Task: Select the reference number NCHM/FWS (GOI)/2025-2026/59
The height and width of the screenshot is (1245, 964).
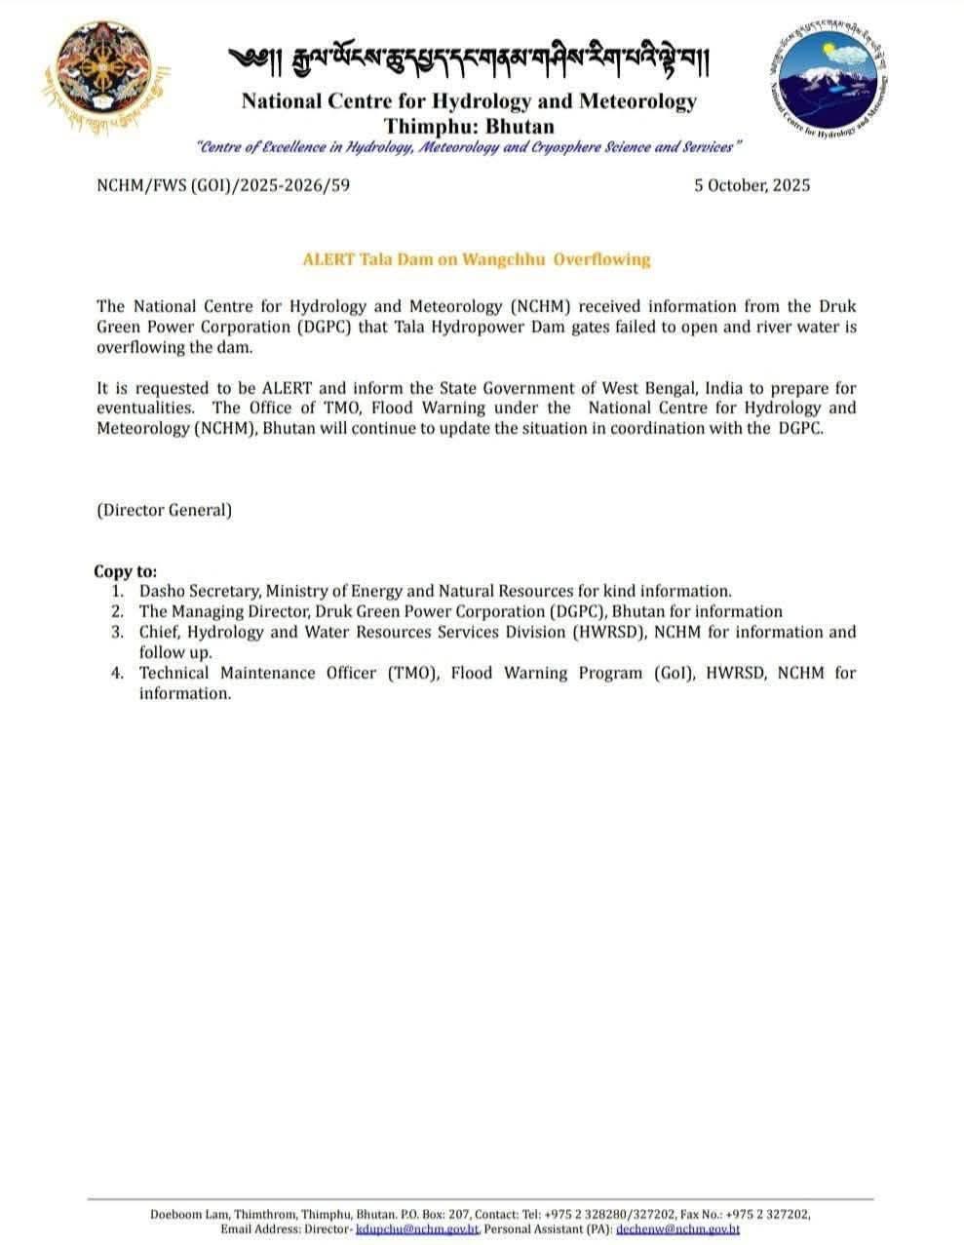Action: [223, 184]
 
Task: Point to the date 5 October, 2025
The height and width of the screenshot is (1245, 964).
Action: [752, 185]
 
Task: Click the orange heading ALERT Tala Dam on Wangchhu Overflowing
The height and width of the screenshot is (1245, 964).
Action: [476, 259]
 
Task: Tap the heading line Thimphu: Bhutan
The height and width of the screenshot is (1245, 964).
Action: [469, 126]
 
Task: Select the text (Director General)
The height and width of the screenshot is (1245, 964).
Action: [164, 510]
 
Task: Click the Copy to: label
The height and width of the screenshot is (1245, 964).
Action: [125, 571]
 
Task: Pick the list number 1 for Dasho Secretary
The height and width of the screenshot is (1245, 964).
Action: [117, 591]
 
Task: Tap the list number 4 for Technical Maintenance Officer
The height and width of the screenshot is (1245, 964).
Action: [117, 673]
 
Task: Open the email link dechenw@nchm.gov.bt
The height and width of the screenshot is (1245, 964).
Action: [677, 1229]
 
